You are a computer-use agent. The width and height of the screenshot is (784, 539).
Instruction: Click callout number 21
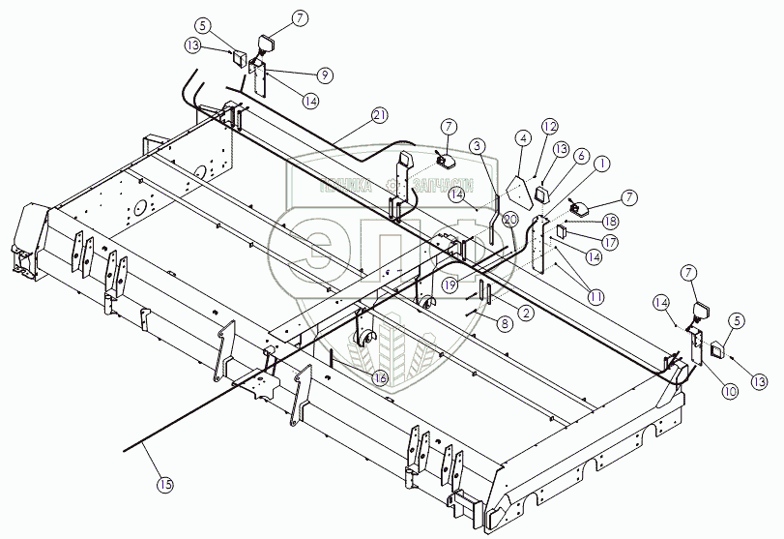click(379, 116)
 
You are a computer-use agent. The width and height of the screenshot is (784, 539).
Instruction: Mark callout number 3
click(477, 145)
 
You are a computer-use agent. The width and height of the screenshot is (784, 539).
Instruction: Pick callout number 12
click(550, 126)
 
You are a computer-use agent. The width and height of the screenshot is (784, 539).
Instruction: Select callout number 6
click(581, 156)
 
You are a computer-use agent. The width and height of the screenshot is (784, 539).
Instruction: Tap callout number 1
click(601, 165)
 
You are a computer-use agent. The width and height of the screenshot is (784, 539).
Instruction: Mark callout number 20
click(510, 222)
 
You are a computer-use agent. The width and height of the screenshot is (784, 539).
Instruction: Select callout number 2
click(526, 313)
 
